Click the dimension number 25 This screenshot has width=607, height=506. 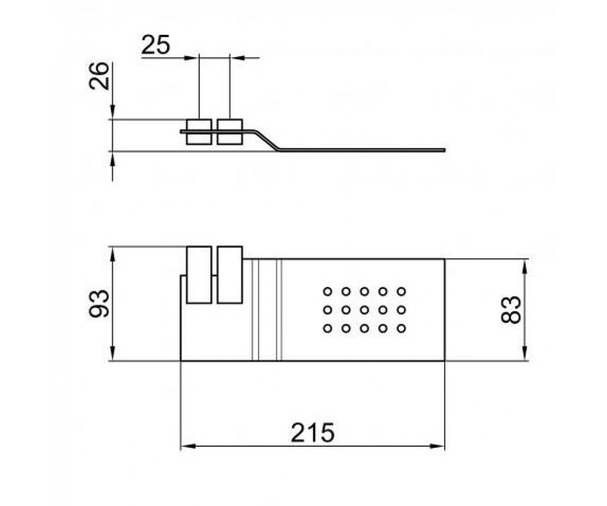click(155, 45)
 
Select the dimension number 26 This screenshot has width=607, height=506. click(99, 76)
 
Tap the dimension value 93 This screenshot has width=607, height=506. click(99, 303)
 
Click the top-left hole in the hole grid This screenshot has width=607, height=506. click(327, 291)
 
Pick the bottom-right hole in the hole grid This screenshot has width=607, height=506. click(401, 328)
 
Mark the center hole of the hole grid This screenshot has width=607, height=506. click(364, 310)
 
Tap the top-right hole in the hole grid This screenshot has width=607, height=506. click(401, 291)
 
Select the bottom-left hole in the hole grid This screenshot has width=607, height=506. click(327, 328)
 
